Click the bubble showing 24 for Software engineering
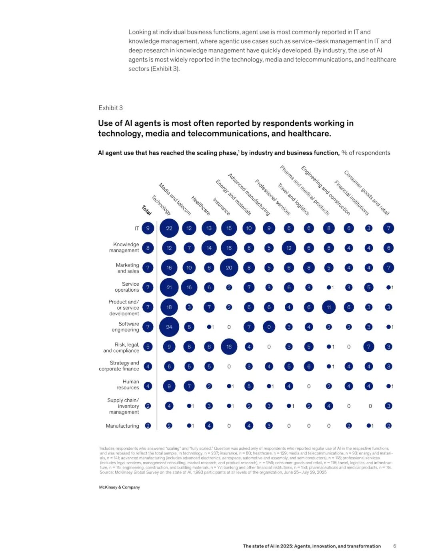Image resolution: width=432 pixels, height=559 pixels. pyautogui.click(x=169, y=327)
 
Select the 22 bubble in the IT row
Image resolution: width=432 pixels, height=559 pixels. pyautogui.click(x=169, y=228)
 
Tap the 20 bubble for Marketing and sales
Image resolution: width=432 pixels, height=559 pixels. pyautogui.click(x=229, y=268)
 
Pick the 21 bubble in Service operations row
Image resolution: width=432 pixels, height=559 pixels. pyautogui.click(x=169, y=287)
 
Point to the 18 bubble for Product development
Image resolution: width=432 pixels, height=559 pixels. pyautogui.click(x=169, y=307)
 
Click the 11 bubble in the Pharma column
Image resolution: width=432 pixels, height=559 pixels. pyautogui.click(x=328, y=307)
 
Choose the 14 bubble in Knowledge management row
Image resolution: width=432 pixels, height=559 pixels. pyautogui.click(x=209, y=248)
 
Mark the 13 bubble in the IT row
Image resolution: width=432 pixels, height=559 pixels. pyautogui.click(x=209, y=228)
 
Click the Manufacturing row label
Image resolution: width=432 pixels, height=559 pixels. pyautogui.click(x=122, y=426)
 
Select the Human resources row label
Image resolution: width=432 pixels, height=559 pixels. pyautogui.click(x=128, y=385)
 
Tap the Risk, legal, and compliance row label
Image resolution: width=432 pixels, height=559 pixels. pyautogui.click(x=121, y=347)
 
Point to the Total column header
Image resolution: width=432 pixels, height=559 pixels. pyautogui.click(x=146, y=210)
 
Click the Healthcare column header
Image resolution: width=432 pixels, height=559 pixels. pyautogui.click(x=200, y=205)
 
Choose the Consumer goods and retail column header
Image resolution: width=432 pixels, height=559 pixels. pyautogui.click(x=366, y=192)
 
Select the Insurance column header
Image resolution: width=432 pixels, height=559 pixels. pyautogui.click(x=221, y=206)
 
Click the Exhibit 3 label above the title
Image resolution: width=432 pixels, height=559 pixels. pyautogui.click(x=110, y=108)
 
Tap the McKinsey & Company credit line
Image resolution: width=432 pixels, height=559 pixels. pyautogui.click(x=119, y=487)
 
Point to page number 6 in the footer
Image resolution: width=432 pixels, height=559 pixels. pyautogui.click(x=394, y=546)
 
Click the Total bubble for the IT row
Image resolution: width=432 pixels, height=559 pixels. pyautogui.click(x=148, y=228)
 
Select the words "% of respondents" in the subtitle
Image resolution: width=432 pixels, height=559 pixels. pyautogui.click(x=366, y=153)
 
